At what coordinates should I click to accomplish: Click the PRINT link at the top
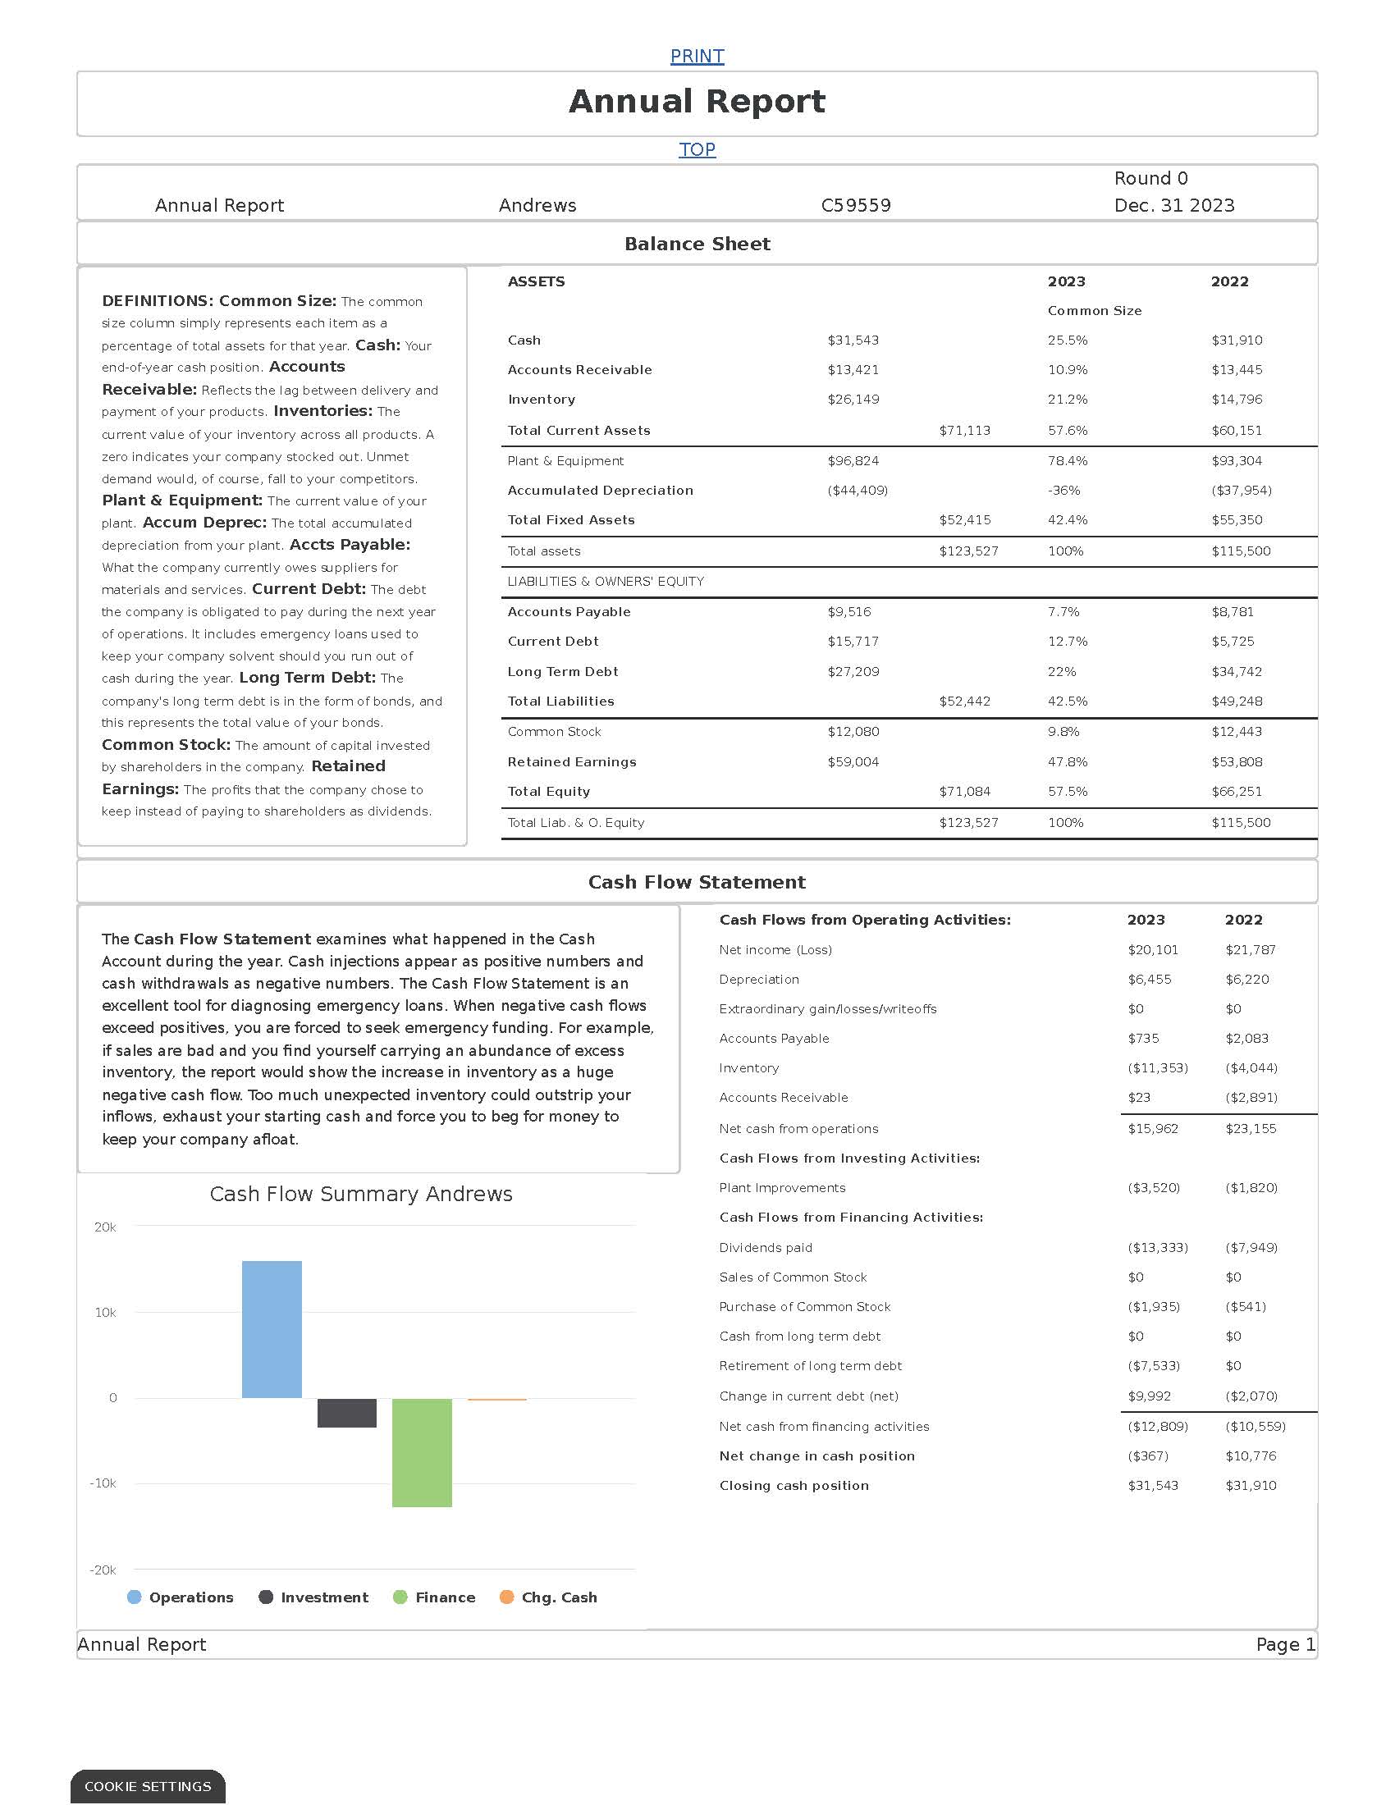697,56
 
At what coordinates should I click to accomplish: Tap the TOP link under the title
697,149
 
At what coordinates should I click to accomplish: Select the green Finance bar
422,1452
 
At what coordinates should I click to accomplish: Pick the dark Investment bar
347,1413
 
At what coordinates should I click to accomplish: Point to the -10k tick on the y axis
103,1483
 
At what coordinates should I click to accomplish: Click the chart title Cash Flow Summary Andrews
361,1195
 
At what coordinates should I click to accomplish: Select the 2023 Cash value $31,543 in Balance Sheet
853,340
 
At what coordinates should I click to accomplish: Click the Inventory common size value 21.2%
1068,400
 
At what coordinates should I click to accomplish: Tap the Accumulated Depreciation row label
600,491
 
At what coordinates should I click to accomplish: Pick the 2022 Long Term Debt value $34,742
1237,672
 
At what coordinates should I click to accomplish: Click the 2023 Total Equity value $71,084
964,792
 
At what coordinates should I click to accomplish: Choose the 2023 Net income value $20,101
1153,950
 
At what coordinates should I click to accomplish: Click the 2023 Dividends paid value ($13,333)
1158,1248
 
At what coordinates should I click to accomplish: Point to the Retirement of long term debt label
810,1366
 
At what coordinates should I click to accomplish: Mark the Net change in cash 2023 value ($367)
1148,1456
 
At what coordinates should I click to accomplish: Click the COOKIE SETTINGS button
148,1787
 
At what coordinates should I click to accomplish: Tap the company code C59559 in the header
856,206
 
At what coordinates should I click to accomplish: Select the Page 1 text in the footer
1285,1645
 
